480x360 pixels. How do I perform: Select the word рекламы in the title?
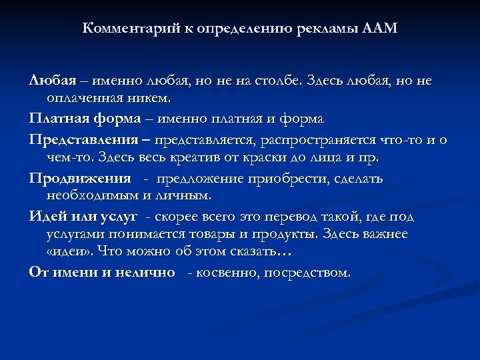point(331,29)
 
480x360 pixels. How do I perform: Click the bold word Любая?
point(51,81)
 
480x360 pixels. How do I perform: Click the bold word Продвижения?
point(80,178)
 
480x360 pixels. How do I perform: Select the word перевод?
point(300,216)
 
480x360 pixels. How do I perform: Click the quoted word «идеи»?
point(69,254)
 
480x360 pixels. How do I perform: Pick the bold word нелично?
point(144,272)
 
